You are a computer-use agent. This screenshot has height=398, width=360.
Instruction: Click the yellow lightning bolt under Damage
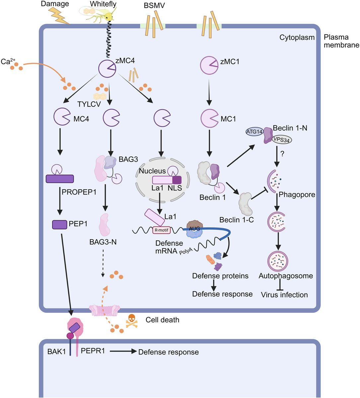[59, 16]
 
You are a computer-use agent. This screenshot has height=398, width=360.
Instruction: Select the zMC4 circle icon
[107, 69]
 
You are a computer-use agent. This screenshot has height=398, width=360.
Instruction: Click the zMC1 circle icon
[209, 65]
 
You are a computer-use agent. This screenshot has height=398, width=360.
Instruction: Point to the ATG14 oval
[254, 132]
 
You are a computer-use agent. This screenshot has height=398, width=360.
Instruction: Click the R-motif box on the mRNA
[162, 230]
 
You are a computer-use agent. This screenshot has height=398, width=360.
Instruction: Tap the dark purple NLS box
[177, 180]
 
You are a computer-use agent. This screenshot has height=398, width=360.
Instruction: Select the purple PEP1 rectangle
[60, 225]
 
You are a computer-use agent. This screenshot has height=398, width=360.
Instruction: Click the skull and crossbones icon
[132, 321]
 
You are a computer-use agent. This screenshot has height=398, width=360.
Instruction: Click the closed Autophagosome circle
[278, 261]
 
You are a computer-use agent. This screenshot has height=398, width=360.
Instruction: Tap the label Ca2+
[8, 61]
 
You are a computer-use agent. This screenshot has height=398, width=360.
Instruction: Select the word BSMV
[154, 6]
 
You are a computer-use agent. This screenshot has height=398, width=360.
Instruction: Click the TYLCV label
[89, 104]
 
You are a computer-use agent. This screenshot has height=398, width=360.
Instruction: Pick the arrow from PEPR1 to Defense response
[123, 351]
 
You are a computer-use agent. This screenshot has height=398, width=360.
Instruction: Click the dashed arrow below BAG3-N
[103, 263]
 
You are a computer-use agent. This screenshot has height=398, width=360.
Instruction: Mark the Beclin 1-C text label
[237, 220]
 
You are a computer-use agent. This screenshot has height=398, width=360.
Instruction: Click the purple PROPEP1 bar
[60, 179]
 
